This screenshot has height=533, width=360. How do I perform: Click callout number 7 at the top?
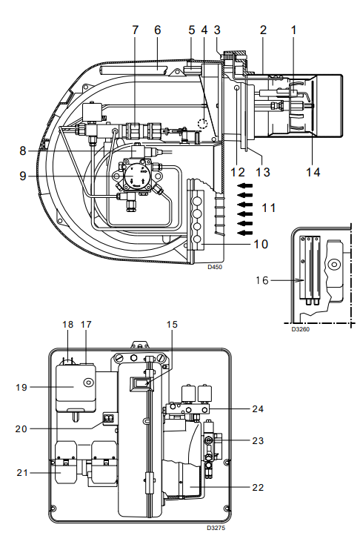[x=135, y=30]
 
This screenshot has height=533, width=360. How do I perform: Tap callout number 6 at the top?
[x=157, y=30]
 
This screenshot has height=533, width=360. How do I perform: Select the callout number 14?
[x=313, y=172]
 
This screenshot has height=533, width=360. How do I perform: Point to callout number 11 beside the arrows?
[x=269, y=208]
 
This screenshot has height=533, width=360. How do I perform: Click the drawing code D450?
[x=215, y=267]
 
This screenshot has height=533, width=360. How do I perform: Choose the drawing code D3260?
[x=301, y=329]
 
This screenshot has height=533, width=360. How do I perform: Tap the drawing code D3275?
[x=216, y=528]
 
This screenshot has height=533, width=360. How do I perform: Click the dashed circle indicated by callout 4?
[x=203, y=122]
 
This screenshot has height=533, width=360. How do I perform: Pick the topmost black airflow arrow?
[x=245, y=185]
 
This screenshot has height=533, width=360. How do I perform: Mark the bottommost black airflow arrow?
[x=245, y=233]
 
